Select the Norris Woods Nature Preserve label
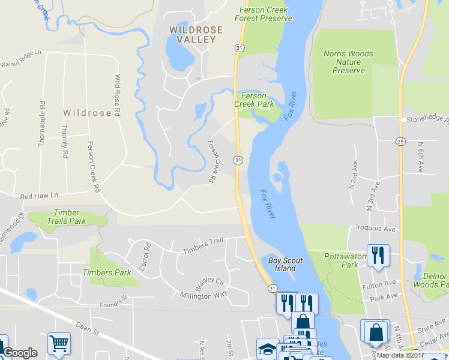[348, 62]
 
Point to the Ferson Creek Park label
[258, 100]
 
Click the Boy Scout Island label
[285, 265]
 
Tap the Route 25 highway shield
[400, 141]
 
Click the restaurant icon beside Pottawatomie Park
[378, 255]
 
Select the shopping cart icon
[59, 344]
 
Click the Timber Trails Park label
[70, 217]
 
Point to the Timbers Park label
[106, 272]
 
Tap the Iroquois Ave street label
[375, 229]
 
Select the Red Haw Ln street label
[39, 196]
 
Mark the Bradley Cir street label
[209, 281]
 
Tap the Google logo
[20, 353]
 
